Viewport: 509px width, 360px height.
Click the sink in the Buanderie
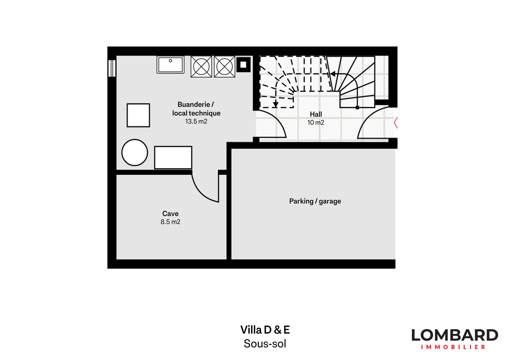[170, 65]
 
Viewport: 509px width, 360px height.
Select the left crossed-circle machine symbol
[201, 67]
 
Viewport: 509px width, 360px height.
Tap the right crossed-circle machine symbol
[225, 67]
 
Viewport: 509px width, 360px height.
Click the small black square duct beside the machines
[243, 65]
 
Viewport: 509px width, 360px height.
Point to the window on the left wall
[112, 68]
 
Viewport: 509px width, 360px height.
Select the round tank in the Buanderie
[135, 152]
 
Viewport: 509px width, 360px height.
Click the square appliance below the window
[138, 115]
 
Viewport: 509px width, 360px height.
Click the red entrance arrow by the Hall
[395, 123]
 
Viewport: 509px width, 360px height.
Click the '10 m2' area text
[316, 123]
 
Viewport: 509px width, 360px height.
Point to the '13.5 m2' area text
[196, 122]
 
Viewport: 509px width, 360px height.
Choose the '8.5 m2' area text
[170, 222]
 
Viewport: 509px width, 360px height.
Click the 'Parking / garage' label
[315, 201]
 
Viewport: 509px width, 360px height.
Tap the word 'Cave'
[170, 214]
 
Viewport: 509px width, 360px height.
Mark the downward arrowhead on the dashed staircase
[276, 104]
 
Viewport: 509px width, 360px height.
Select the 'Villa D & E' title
[265, 330]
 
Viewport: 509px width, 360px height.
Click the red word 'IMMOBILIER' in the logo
[453, 347]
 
